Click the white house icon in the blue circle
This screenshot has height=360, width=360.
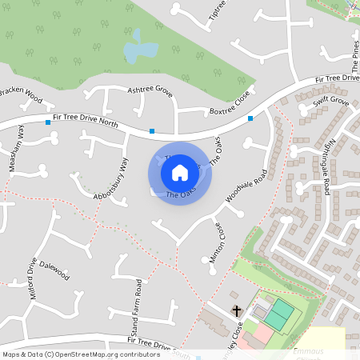(x=180, y=173)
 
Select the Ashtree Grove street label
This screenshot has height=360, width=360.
(x=150, y=91)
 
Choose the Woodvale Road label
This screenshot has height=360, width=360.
(x=246, y=186)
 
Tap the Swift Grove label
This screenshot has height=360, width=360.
(x=331, y=102)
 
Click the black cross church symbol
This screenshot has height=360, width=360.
(x=237, y=310)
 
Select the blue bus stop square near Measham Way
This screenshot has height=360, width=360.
(x=48, y=122)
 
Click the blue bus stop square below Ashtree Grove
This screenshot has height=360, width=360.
(x=152, y=130)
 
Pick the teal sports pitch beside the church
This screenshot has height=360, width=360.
(x=279, y=313)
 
